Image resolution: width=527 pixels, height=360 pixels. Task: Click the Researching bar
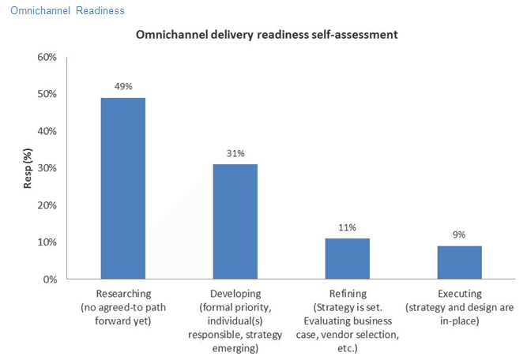(122, 188)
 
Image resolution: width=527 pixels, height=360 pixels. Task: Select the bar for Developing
(235, 221)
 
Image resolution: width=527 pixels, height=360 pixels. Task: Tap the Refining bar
(347, 258)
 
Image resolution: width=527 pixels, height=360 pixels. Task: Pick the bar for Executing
(459, 262)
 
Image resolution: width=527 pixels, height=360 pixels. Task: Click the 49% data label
(122, 85)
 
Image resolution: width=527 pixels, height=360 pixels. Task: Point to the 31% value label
(235, 152)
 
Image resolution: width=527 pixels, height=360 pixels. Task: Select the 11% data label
(347, 227)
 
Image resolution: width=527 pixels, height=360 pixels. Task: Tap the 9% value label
(459, 234)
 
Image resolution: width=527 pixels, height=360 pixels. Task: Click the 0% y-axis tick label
(50, 279)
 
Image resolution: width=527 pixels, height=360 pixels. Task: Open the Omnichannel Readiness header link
(67, 11)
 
